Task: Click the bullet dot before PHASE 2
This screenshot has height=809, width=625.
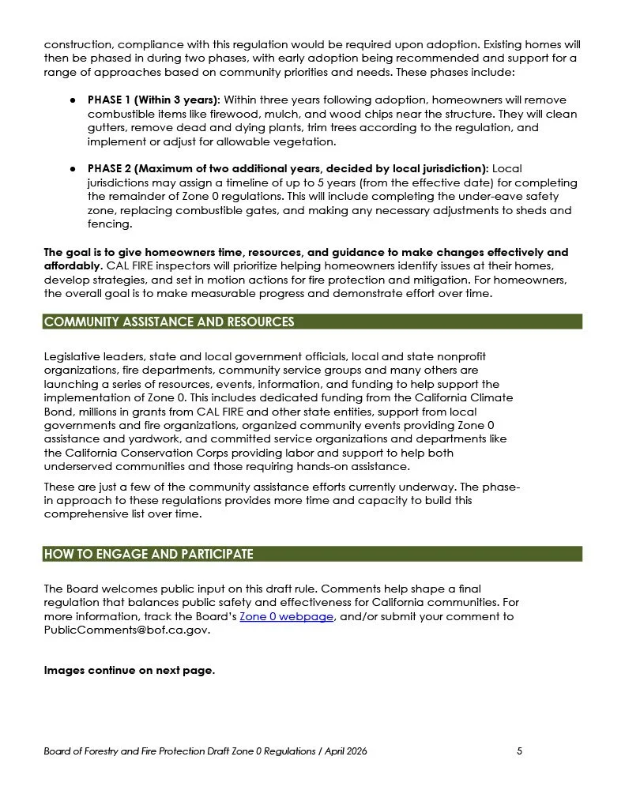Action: coord(72,169)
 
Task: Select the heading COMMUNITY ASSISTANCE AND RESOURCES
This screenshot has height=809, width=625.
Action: coord(169,322)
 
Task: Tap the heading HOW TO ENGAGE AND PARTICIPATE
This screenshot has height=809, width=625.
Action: coord(149,554)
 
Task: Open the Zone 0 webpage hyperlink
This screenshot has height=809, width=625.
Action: coord(286,617)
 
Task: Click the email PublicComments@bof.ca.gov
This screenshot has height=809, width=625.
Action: coord(127,630)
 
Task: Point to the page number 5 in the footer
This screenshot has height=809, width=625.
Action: coord(519,751)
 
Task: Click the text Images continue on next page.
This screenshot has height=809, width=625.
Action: coord(129,670)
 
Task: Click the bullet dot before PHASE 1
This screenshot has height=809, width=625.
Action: coord(72,100)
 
